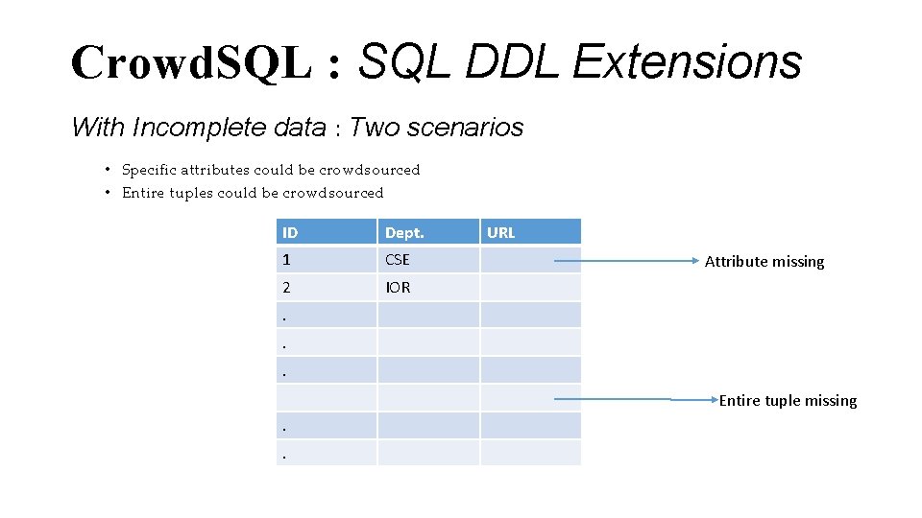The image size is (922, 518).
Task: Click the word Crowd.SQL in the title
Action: (x=191, y=62)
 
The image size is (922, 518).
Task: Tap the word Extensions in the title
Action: (x=687, y=62)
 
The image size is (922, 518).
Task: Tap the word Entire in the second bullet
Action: (x=142, y=193)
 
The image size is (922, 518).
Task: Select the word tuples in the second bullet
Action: (x=190, y=193)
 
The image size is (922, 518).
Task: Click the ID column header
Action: (x=290, y=232)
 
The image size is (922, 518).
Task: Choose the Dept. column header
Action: (x=404, y=232)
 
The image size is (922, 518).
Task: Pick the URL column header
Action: (x=501, y=232)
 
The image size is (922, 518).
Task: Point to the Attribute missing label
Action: (x=764, y=261)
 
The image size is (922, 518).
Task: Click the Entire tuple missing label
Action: (x=788, y=400)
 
